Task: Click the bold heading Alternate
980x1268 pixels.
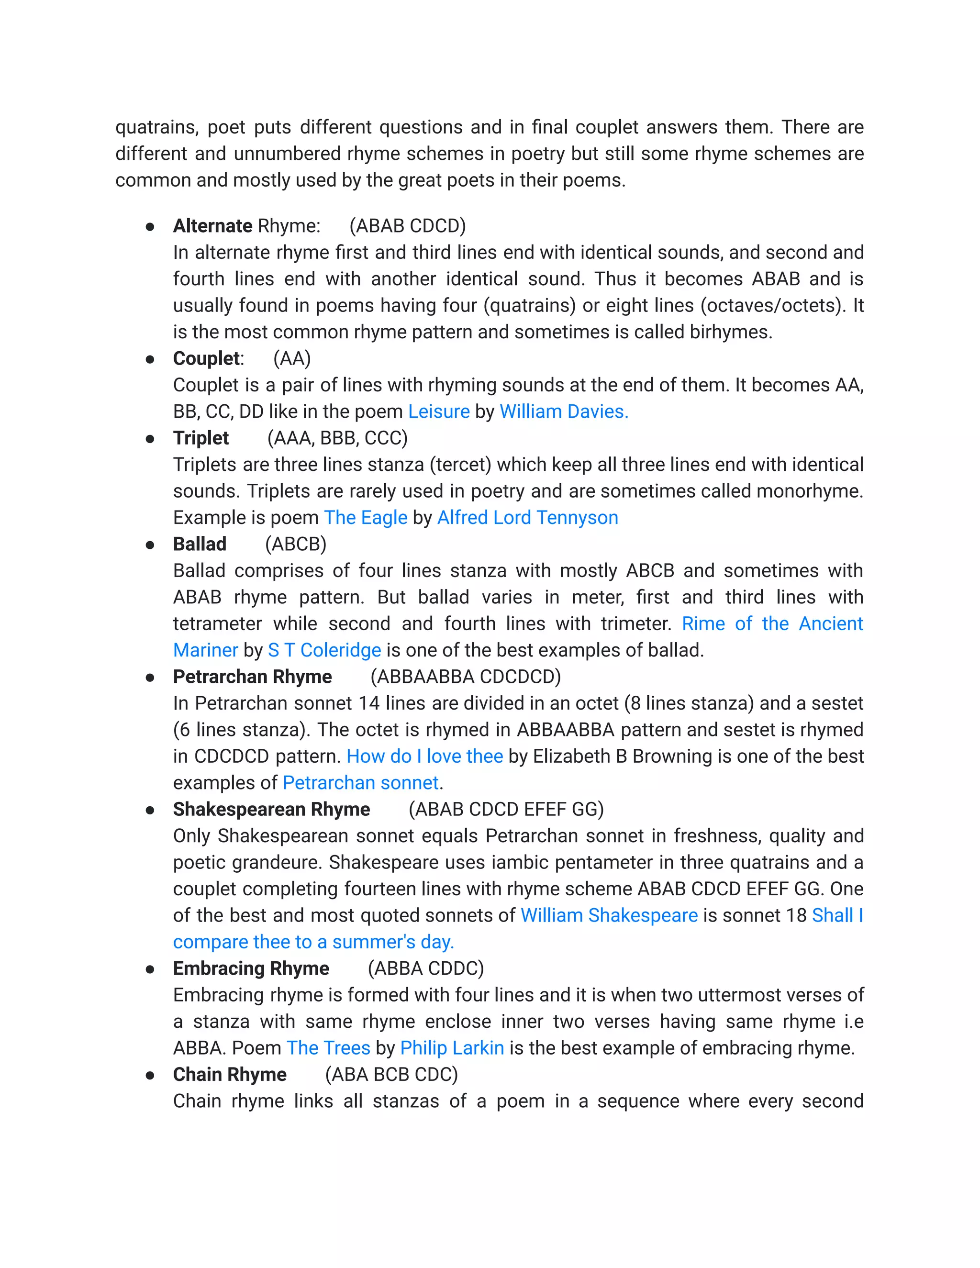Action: point(212,226)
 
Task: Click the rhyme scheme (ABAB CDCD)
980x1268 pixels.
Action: point(408,226)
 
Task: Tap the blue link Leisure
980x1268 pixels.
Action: point(438,412)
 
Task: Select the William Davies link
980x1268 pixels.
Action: point(563,412)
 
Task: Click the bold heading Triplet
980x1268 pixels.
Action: point(201,438)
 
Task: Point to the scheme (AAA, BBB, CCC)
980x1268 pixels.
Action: point(337,438)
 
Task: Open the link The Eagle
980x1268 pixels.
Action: point(365,517)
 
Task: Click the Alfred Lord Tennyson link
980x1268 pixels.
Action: point(527,517)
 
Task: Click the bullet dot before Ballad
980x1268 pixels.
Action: point(150,545)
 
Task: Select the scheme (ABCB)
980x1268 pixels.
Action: point(296,544)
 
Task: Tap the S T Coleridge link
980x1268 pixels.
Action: point(324,650)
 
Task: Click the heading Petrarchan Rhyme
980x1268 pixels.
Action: point(252,677)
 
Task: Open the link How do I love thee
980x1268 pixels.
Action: point(424,756)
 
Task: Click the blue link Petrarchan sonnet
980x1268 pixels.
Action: point(360,783)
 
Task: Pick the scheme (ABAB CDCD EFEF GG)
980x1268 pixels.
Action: point(506,809)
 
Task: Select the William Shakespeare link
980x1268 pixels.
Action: point(609,915)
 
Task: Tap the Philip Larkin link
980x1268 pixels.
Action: point(452,1048)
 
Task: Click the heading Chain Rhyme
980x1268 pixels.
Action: point(229,1075)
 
